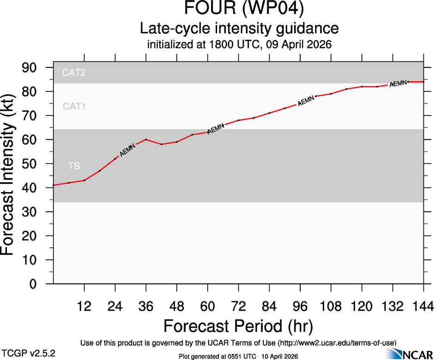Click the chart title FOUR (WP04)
pos(239,9)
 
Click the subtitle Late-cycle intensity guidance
pos(239,29)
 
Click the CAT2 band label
pos(74,72)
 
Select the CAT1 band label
pos(74,107)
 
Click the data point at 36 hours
pos(146,139)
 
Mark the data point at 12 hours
pos(84,180)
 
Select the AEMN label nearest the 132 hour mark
pos(398,84)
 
